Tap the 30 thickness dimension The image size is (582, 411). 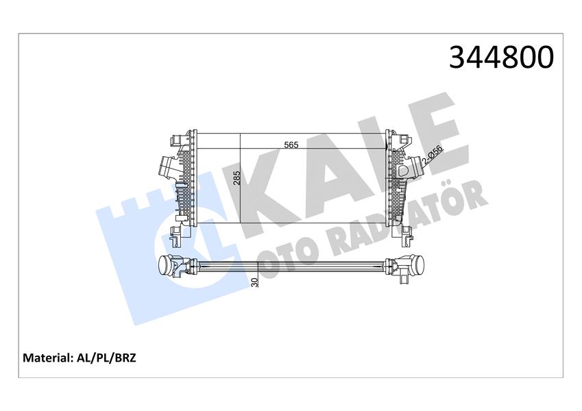(254, 282)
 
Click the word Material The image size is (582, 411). (47, 358)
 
